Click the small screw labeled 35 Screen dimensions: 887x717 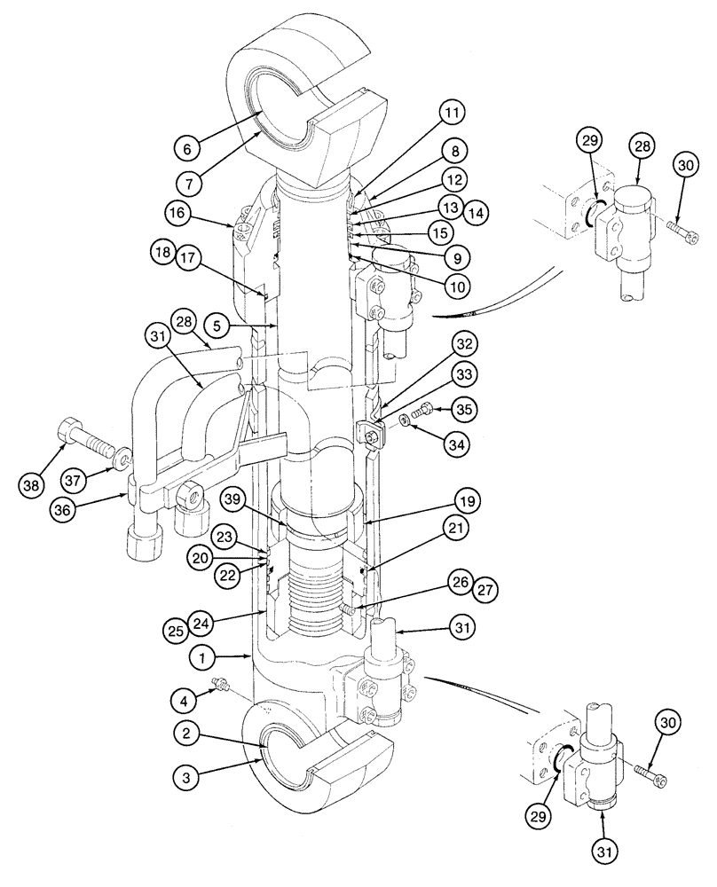pos(422,410)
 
